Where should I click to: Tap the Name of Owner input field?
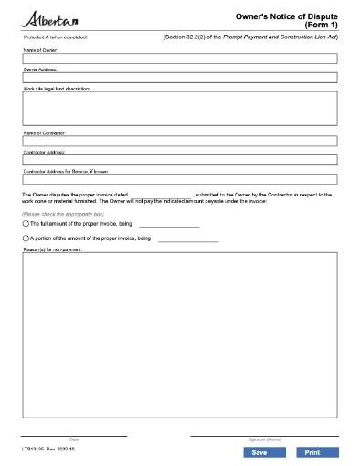point(180,58)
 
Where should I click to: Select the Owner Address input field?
point(180,78)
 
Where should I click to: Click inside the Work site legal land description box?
point(180,108)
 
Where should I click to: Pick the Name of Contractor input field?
point(180,141)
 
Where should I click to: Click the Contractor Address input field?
point(180,160)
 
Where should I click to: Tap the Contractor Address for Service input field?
point(180,179)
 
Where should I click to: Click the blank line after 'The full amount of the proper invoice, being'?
point(169,225)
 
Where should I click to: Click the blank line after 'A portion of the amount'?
point(188,239)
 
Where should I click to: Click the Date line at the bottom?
point(74,435)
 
